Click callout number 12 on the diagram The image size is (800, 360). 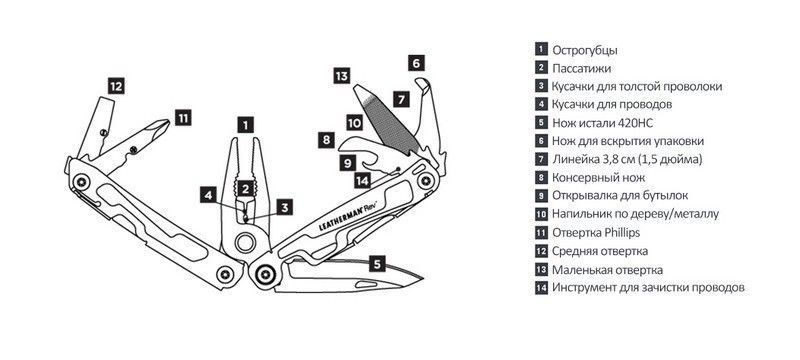116,86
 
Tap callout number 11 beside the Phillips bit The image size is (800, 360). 183,118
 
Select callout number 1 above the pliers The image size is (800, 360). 245,124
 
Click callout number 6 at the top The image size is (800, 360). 416,63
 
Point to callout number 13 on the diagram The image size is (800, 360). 342,76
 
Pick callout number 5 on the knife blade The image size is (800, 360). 377,264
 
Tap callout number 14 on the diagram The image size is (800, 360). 362,181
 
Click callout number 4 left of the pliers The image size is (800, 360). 208,194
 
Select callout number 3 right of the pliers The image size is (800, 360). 285,207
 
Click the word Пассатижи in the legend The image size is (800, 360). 581,68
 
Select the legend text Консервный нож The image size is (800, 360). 598,177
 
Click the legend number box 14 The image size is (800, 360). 541,288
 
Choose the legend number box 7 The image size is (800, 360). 541,159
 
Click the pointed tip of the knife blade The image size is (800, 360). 423,278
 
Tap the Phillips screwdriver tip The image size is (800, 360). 167,122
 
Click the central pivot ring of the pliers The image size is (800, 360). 245,242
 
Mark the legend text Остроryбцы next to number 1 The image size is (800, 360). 585,50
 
